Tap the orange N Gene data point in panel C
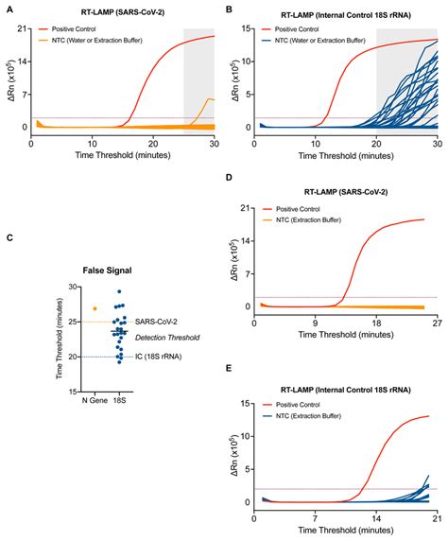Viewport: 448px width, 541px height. (x=95, y=308)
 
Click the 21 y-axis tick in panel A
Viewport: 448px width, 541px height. (x=23, y=29)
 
